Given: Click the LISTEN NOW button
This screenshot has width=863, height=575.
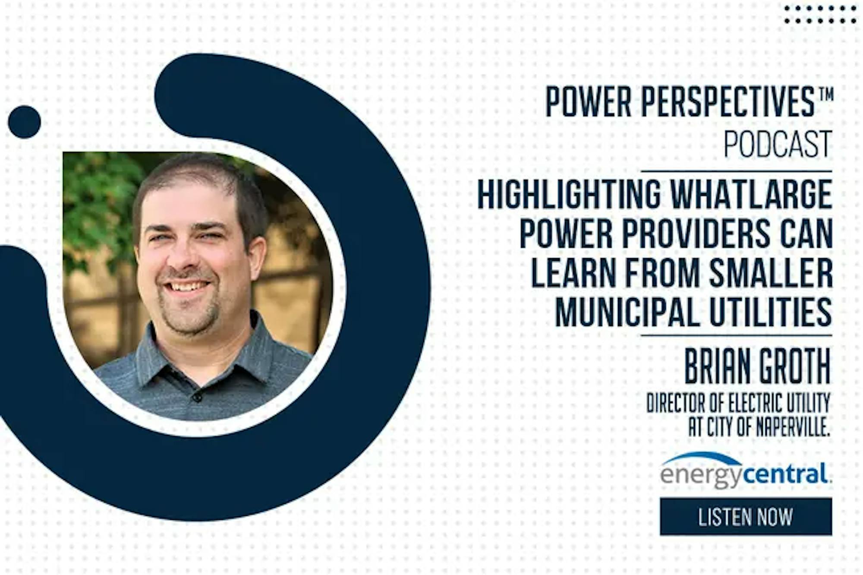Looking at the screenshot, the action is click(x=746, y=516).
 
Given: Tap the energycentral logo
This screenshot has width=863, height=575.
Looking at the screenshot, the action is click(x=746, y=470).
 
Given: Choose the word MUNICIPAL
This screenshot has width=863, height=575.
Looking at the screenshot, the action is click(x=627, y=312).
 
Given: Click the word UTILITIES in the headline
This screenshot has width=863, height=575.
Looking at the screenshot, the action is click(x=771, y=312).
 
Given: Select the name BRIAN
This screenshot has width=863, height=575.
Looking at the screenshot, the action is click(x=718, y=368).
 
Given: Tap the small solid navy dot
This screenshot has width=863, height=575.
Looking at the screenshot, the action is click(x=25, y=122).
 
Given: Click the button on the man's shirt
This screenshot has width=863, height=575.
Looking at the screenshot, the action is click(x=197, y=396).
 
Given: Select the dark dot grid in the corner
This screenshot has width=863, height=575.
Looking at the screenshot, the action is click(x=820, y=14).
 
